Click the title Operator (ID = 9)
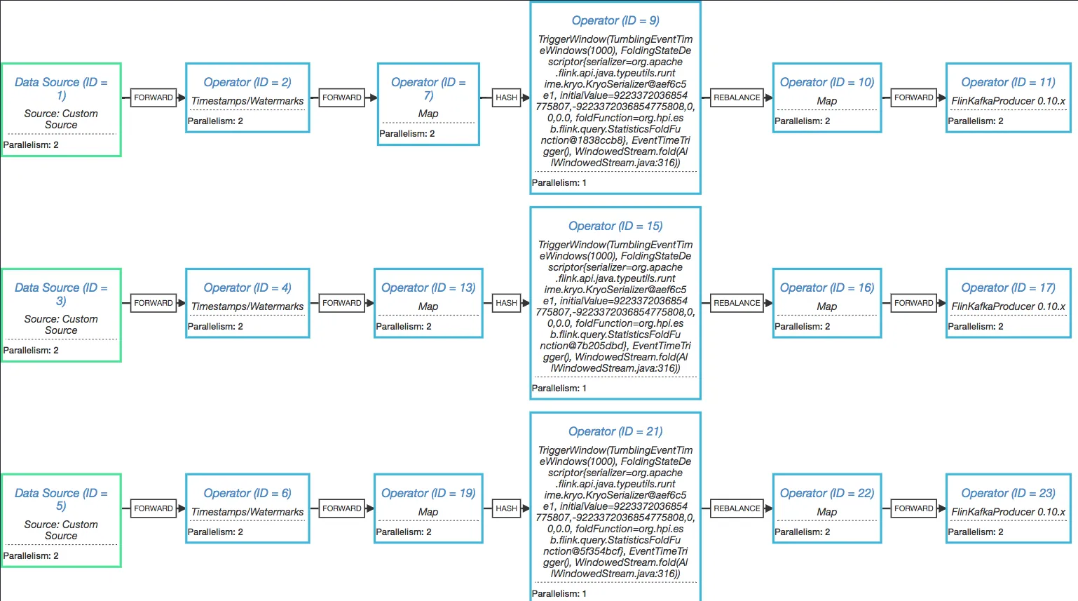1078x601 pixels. coord(615,21)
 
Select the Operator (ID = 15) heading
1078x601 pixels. coord(615,226)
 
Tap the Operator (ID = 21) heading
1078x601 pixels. coord(615,431)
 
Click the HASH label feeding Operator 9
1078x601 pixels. coord(506,97)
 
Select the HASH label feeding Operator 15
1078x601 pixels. coord(506,303)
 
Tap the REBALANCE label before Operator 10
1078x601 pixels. coord(737,97)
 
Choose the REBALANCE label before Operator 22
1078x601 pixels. coord(737,508)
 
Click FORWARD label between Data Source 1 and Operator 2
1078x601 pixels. coord(153,97)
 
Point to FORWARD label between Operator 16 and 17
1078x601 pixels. coord(913,303)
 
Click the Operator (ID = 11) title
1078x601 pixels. coord(1008,82)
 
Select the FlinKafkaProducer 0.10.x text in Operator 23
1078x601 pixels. coord(1008,512)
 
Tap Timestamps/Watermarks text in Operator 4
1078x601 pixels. coord(247,306)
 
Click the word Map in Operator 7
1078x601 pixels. coord(428,114)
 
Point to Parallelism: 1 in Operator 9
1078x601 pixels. coord(559,183)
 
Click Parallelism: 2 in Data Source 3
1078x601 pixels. coord(31,351)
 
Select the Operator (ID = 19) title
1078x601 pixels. coord(428,493)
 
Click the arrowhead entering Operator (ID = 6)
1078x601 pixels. coord(182,508)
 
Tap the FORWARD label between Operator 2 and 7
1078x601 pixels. coord(342,97)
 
